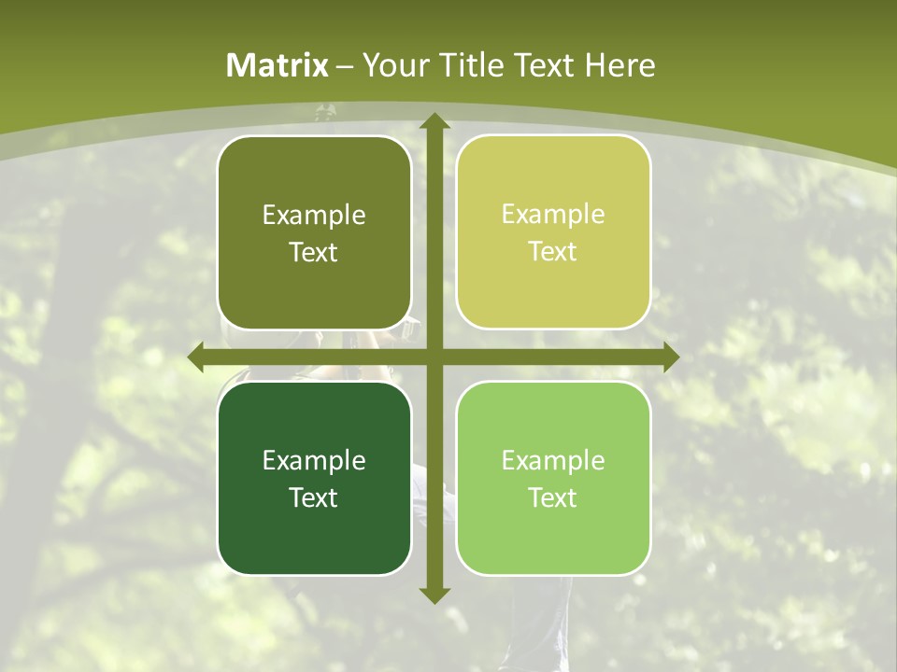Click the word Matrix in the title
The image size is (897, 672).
click(278, 65)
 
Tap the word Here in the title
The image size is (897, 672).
click(619, 65)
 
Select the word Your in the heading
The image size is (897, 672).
click(394, 65)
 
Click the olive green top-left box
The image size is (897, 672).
click(314, 233)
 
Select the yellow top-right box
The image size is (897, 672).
click(553, 232)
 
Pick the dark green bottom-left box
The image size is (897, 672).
click(314, 479)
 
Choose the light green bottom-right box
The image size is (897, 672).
click(553, 479)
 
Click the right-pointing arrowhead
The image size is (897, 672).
click(671, 357)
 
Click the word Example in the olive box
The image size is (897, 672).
click(314, 216)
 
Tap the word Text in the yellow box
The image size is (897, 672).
click(553, 252)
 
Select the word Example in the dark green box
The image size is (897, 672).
click(314, 461)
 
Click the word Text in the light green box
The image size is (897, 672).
click(553, 498)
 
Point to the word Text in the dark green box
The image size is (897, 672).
click(314, 498)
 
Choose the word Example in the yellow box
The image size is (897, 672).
click(553, 215)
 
